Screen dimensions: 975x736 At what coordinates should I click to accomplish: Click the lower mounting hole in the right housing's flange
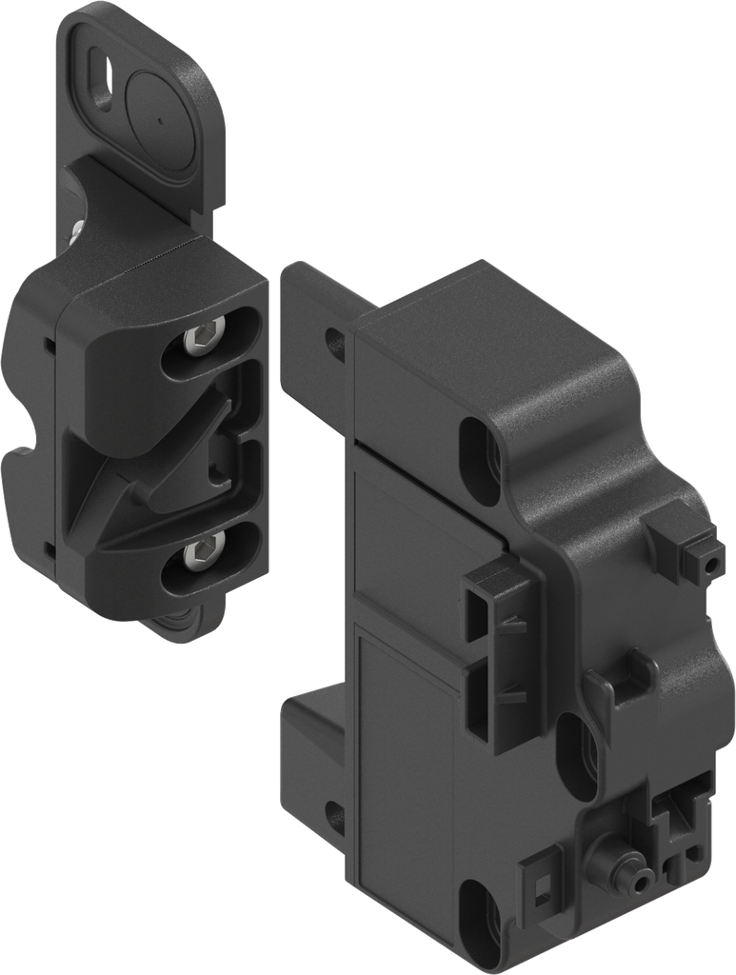[334, 819]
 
